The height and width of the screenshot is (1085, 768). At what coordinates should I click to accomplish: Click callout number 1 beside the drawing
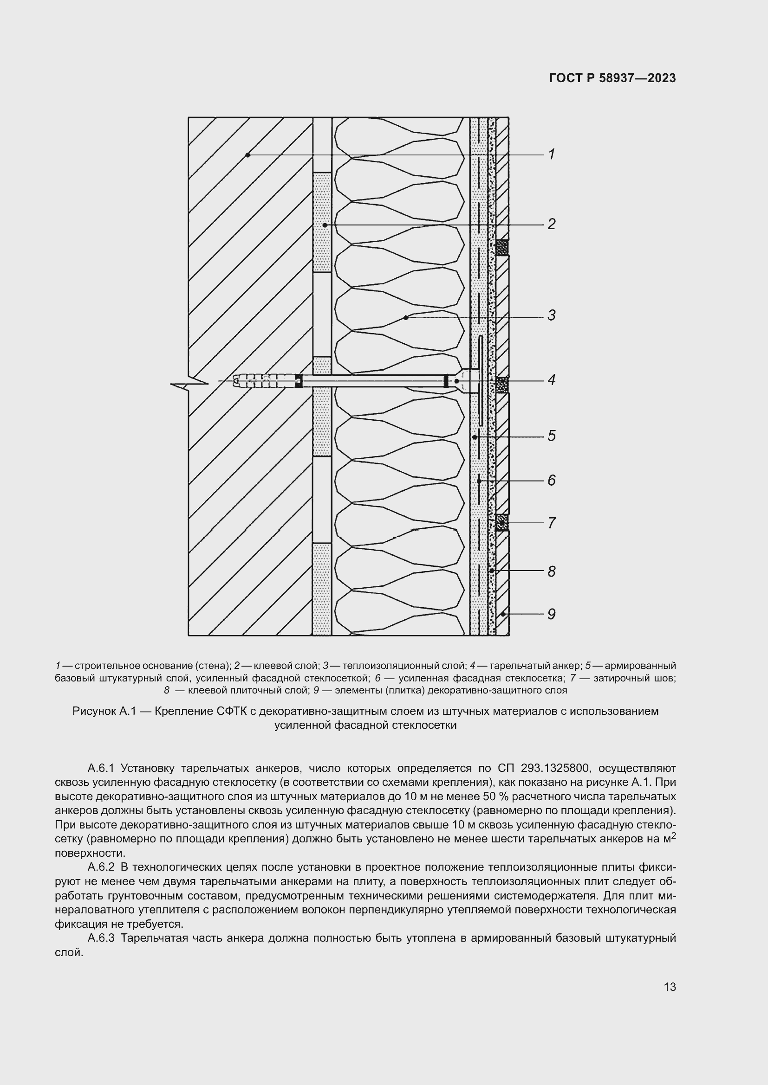point(552,154)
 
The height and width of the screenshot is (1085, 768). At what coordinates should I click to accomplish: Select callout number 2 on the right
point(552,224)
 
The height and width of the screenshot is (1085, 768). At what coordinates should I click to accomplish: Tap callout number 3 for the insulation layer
point(552,315)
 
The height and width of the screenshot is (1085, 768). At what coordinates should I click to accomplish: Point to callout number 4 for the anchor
point(552,380)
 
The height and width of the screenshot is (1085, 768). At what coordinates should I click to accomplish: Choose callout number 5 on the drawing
point(552,436)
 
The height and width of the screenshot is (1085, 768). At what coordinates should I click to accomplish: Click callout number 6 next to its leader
point(552,481)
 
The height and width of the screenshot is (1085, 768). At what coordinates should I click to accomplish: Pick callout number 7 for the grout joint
point(552,523)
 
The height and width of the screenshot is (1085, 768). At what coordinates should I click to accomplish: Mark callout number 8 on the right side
point(552,572)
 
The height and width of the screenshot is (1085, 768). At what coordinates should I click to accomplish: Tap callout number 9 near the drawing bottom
point(552,614)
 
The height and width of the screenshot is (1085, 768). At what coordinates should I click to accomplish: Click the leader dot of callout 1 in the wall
point(248,155)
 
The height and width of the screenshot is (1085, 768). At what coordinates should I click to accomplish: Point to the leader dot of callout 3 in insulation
point(406,318)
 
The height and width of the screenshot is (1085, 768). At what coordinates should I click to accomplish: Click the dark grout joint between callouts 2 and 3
point(502,248)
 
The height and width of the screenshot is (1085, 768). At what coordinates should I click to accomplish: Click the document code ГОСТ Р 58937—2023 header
point(612,78)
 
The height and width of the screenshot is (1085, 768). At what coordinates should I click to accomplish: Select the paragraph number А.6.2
point(101,867)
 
